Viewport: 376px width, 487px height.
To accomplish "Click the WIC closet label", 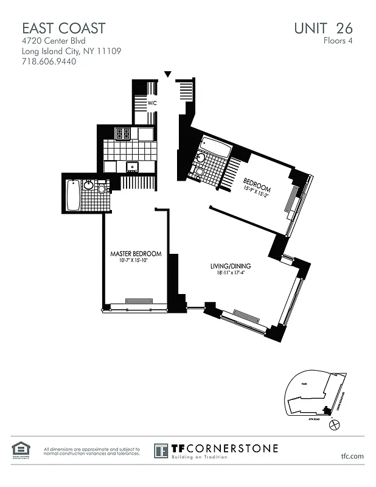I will click(152, 103).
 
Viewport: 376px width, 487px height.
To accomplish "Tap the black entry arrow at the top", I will click(169, 75).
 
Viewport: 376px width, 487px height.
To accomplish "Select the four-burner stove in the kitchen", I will click(123, 133).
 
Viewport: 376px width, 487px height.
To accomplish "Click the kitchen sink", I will click(131, 166).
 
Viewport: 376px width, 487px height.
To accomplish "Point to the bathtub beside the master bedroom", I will click(74, 195).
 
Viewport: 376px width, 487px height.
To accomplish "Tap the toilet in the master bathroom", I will click(102, 188).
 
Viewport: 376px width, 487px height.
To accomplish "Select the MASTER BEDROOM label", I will click(136, 254).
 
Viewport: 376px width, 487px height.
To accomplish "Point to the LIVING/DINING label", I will click(231, 267).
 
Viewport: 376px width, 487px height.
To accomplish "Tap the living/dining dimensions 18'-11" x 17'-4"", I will click(231, 273).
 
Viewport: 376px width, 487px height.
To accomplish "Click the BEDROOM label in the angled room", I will click(256, 181).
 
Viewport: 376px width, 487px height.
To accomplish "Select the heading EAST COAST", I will click(64, 28).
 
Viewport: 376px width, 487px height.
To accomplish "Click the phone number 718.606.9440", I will click(49, 62).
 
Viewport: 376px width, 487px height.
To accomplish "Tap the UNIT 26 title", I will click(322, 28).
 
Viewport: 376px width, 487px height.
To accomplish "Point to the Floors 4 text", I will click(338, 41).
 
